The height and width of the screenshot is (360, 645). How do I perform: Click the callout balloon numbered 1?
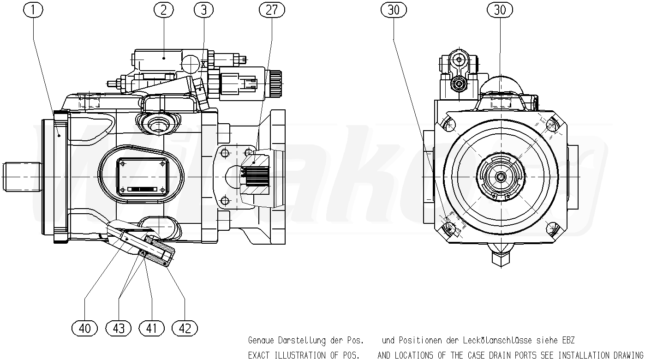33,10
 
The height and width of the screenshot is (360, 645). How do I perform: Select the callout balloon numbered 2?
163,10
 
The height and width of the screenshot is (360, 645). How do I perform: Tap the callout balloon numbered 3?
203,10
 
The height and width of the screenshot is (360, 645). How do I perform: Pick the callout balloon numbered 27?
272,10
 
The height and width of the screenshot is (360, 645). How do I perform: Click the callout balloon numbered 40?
84,328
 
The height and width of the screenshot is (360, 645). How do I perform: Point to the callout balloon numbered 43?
119,328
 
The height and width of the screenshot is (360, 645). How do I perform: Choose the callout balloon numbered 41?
151,328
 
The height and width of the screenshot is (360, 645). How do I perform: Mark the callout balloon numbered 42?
185,328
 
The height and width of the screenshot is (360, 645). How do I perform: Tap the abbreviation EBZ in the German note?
568,341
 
